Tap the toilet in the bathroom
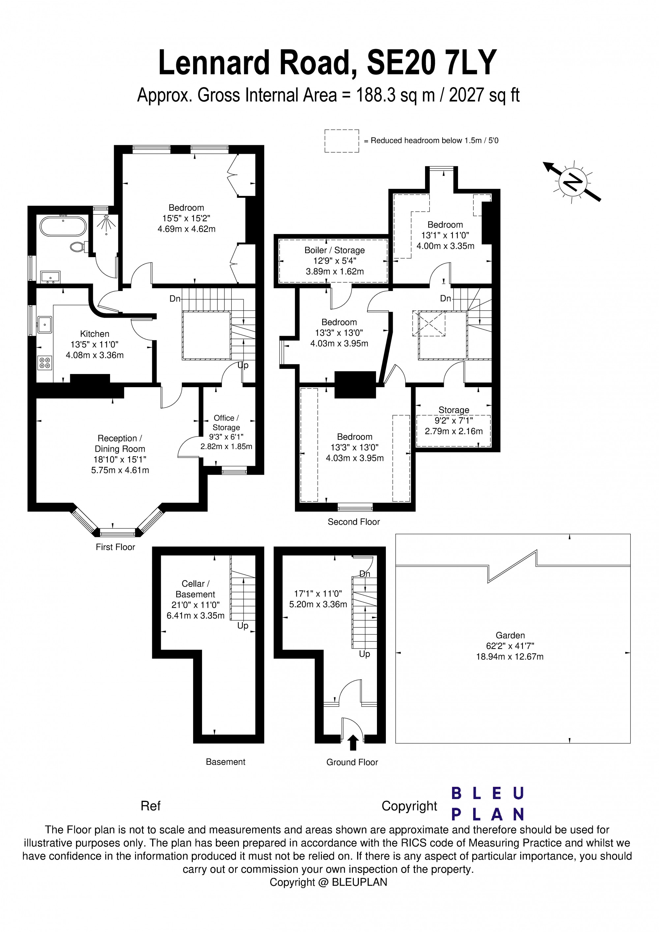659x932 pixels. pos(78,246)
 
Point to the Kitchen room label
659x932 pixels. pos(95,334)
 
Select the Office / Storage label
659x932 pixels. pos(226,423)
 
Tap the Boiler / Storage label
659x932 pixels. pos(335,250)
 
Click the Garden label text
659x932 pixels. pos(510,635)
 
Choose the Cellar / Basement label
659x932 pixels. pos(195,589)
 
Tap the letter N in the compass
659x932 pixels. pos(573,182)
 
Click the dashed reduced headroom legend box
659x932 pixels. pos(342,141)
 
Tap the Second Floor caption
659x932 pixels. pos(354,521)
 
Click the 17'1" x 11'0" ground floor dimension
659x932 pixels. pos(318,594)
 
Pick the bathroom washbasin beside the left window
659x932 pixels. pos(50,277)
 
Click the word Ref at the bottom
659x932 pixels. pos(150,806)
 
